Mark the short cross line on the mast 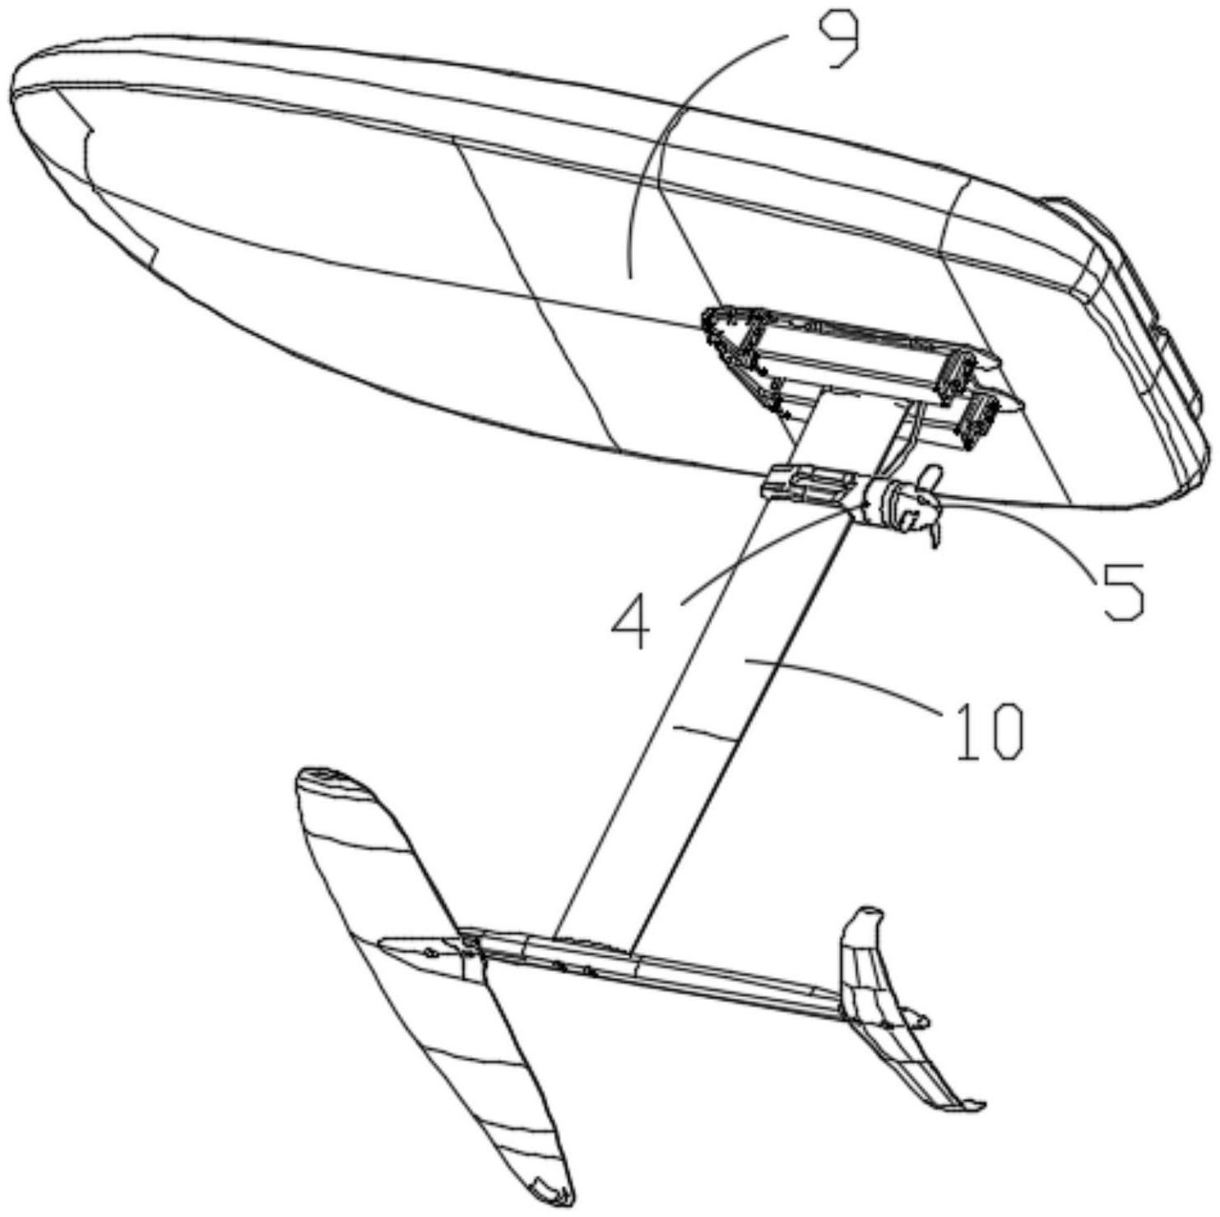[703, 732]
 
